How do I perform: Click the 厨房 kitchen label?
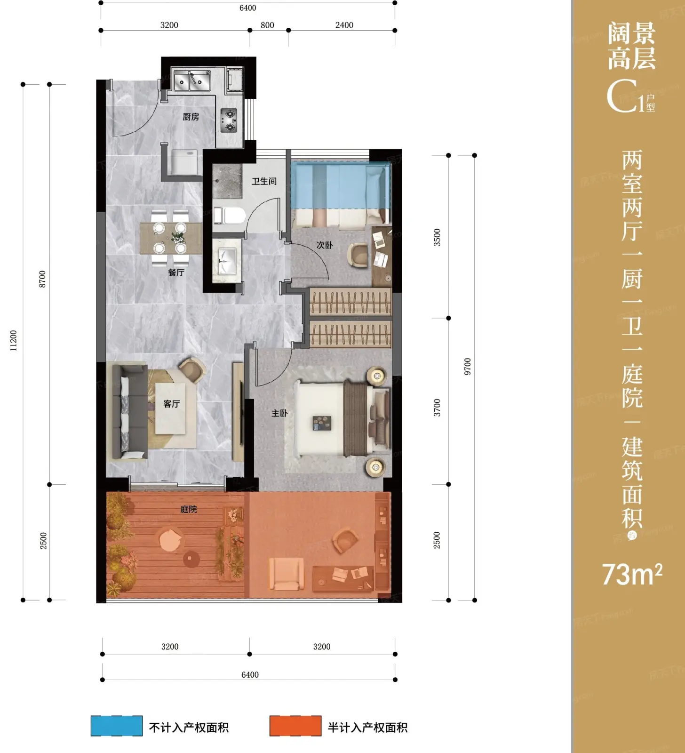tap(191, 117)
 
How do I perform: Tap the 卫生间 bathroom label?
tap(264, 181)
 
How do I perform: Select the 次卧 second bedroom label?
tap(325, 245)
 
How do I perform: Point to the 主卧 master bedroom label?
tap(279, 413)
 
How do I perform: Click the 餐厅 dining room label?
tap(176, 272)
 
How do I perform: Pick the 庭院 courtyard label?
tap(189, 509)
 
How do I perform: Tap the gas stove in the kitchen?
tap(229, 120)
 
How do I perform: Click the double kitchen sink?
tap(192, 80)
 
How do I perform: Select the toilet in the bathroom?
tap(230, 216)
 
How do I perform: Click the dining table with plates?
tap(171, 238)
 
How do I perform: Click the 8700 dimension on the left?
tap(42, 279)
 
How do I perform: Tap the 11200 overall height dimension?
tap(13, 340)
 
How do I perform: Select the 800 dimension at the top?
tap(267, 25)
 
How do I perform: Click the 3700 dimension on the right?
tap(437, 408)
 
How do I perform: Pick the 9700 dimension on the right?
tap(467, 367)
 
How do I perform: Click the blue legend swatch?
tap(117, 726)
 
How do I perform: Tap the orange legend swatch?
tap(295, 726)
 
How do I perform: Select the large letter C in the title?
tap(622, 96)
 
